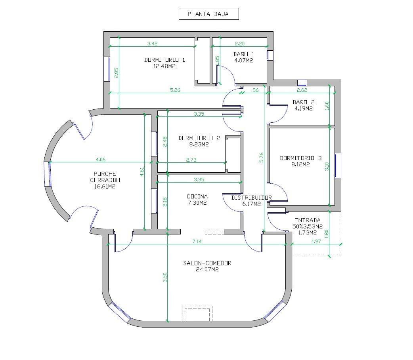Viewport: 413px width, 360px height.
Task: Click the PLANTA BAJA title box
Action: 208,14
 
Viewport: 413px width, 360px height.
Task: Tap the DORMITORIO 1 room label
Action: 164,60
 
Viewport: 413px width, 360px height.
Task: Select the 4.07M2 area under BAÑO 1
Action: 244,60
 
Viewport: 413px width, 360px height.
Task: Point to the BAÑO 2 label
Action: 304,102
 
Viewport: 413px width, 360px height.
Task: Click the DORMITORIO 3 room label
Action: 300,158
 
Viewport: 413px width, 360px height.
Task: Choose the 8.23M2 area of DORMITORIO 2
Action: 199,144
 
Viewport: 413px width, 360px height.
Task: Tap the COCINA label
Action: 197,196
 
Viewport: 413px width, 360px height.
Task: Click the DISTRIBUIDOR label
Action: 252,198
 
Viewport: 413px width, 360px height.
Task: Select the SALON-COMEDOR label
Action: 207,263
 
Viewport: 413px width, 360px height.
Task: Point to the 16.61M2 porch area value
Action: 105,187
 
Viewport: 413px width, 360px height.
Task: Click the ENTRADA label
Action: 308,220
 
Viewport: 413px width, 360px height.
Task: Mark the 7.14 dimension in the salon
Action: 197,241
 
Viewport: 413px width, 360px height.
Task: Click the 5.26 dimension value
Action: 175,90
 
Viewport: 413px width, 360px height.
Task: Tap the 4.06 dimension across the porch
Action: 101,160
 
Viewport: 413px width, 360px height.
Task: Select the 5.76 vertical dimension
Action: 261,157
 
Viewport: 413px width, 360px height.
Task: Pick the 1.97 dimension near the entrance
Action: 316,241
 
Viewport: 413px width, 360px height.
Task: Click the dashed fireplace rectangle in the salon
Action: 197,313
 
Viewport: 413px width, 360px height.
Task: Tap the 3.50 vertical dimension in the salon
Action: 165,277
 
